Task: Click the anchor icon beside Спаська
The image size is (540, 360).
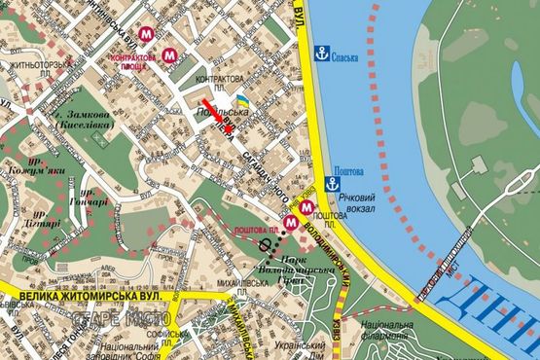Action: pyautogui.click(x=321, y=54)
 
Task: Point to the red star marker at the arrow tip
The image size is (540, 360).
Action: pyautogui.click(x=229, y=127)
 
